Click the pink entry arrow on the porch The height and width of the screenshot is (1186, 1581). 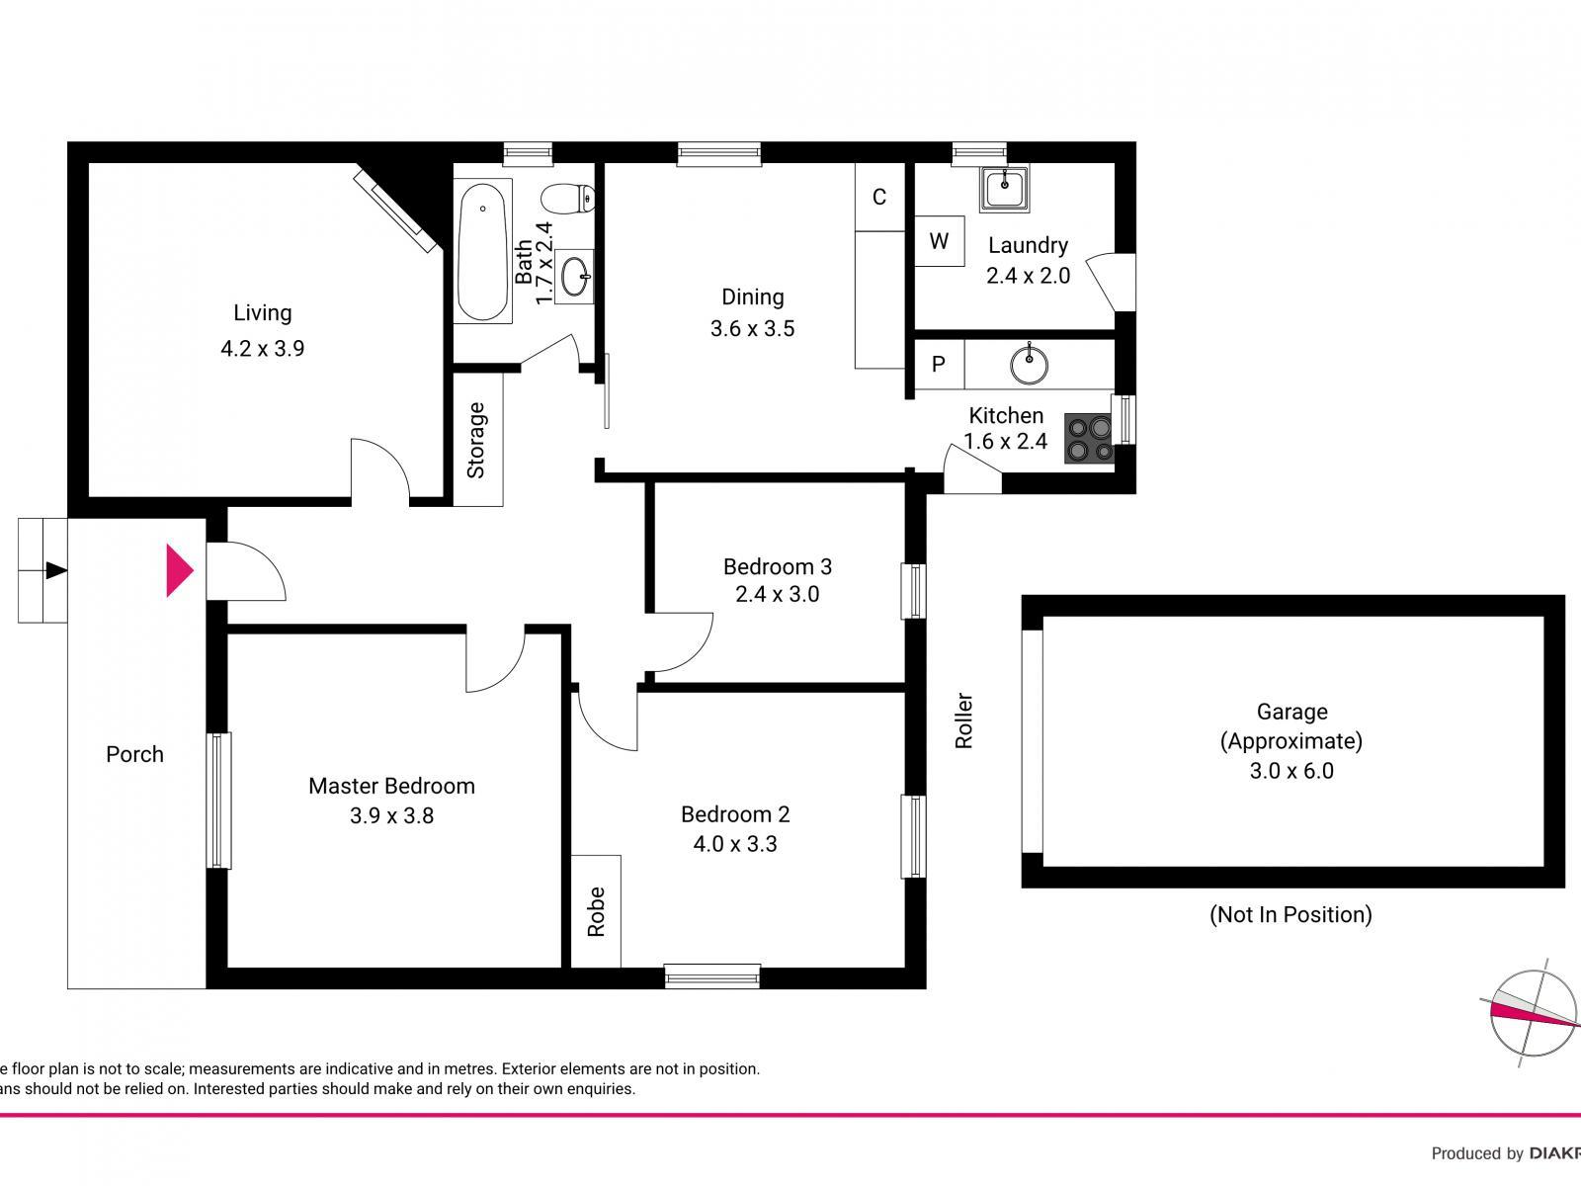click(x=179, y=570)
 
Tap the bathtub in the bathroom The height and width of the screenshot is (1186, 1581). click(x=483, y=251)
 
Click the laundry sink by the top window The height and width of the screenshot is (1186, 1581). click(x=1004, y=188)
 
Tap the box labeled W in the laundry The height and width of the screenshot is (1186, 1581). click(x=939, y=241)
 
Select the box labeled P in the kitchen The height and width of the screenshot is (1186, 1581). click(x=939, y=365)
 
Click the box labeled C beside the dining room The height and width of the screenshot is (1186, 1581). click(x=879, y=197)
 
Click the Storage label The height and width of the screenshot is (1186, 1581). click(x=476, y=440)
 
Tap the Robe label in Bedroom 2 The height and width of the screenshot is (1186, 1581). click(x=596, y=911)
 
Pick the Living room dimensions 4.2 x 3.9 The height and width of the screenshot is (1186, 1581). click(x=262, y=348)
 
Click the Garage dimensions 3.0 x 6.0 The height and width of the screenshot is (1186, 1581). click(x=1291, y=771)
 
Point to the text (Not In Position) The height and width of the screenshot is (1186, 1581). click(x=1290, y=914)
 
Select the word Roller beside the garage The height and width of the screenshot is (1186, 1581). click(x=964, y=720)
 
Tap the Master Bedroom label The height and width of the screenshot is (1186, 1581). click(x=391, y=786)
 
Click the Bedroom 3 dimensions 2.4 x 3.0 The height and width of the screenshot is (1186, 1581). click(x=777, y=594)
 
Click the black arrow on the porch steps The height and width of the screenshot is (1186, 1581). click(x=56, y=570)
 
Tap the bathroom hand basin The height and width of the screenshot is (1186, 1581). click(x=575, y=277)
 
